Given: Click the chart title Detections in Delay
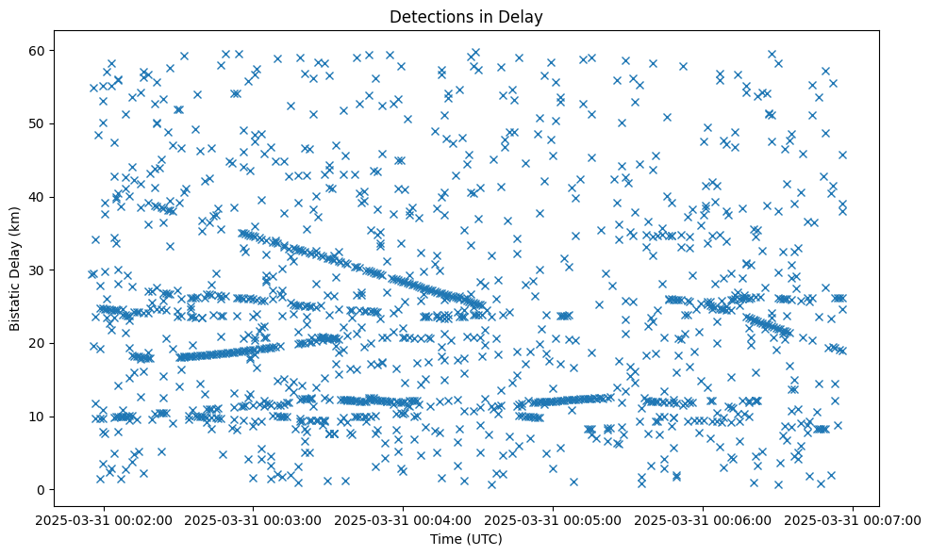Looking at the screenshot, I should (x=466, y=16).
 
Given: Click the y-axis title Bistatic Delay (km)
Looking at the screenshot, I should (x=15, y=268).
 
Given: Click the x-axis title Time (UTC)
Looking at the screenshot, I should (x=466, y=539).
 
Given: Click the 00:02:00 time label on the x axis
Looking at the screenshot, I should (x=105, y=519).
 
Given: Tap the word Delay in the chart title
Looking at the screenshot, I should (x=523, y=16).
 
